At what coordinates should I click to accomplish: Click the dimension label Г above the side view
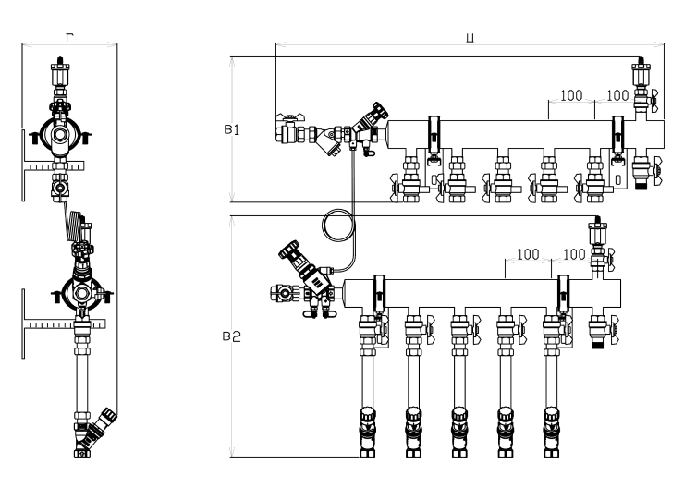(69, 38)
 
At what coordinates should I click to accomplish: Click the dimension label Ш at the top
(470, 39)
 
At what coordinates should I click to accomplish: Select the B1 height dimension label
(232, 130)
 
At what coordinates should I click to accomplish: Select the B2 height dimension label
(232, 336)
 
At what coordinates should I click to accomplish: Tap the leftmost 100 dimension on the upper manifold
(571, 95)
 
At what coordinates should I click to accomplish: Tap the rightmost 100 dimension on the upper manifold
(617, 95)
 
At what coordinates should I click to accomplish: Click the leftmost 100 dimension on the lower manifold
(528, 254)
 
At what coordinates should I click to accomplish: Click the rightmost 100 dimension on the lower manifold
(574, 254)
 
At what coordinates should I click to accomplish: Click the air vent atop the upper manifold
(641, 74)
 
